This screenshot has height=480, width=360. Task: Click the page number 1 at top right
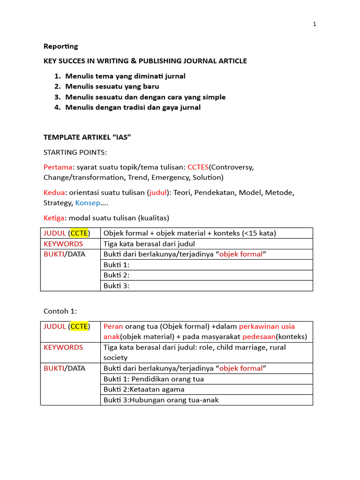click(315, 24)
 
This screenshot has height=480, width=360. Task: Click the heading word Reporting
click(61, 46)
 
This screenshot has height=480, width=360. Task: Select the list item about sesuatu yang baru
click(112, 87)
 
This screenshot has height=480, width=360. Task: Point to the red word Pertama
click(58, 167)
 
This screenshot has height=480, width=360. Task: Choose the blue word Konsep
click(88, 202)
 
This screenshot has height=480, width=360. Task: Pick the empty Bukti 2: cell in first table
click(206, 275)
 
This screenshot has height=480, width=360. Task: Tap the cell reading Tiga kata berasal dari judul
click(149, 244)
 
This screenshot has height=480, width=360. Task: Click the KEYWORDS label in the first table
click(63, 244)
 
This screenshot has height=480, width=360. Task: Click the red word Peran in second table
click(113, 326)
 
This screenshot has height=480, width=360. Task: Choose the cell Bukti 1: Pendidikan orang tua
click(154, 379)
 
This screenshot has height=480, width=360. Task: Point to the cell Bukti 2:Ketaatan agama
click(144, 389)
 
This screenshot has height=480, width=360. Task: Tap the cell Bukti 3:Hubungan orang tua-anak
click(161, 400)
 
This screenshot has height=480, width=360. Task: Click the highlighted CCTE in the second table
click(79, 326)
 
